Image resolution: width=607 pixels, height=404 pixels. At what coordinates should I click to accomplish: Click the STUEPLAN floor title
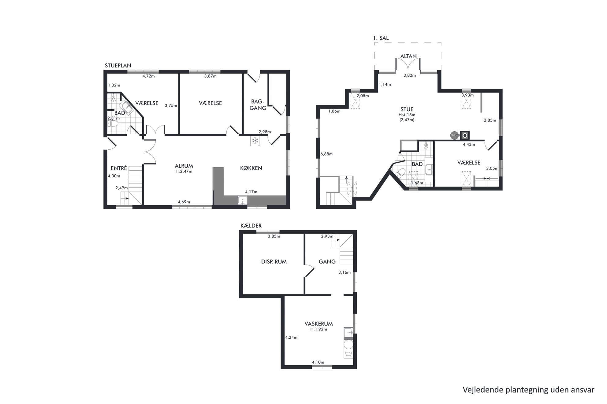[x=118, y=65]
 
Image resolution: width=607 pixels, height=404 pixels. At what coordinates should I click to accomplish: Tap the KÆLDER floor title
[x=251, y=226]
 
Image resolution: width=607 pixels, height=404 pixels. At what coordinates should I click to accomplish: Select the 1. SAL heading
[x=381, y=38]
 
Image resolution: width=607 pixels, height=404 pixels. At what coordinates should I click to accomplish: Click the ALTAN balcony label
[x=408, y=56]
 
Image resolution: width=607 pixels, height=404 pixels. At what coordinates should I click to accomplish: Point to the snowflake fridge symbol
[x=255, y=141]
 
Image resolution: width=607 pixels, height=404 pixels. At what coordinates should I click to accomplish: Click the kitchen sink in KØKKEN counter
[x=243, y=200]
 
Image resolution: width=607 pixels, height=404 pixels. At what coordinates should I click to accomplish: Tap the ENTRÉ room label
[x=119, y=168]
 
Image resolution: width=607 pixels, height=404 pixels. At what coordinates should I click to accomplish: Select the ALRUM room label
[x=184, y=166]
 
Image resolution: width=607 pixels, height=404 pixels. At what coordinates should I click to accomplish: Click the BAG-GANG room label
[x=258, y=104]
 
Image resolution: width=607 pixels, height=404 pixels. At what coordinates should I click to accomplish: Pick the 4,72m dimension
[x=149, y=76]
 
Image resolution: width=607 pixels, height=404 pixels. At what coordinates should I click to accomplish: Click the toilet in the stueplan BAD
[x=113, y=124]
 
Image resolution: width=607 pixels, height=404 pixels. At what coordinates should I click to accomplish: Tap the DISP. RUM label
[x=274, y=262]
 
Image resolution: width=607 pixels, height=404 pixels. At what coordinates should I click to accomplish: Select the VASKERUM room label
[x=318, y=324]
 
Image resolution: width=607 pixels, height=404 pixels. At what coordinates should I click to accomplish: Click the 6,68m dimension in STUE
[x=326, y=154]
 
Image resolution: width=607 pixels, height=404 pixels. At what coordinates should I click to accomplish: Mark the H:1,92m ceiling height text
[x=318, y=329]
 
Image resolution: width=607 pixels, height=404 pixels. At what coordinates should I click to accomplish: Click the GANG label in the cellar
[x=327, y=262]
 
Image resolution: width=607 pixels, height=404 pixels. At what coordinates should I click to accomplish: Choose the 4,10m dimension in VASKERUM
[x=318, y=362]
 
